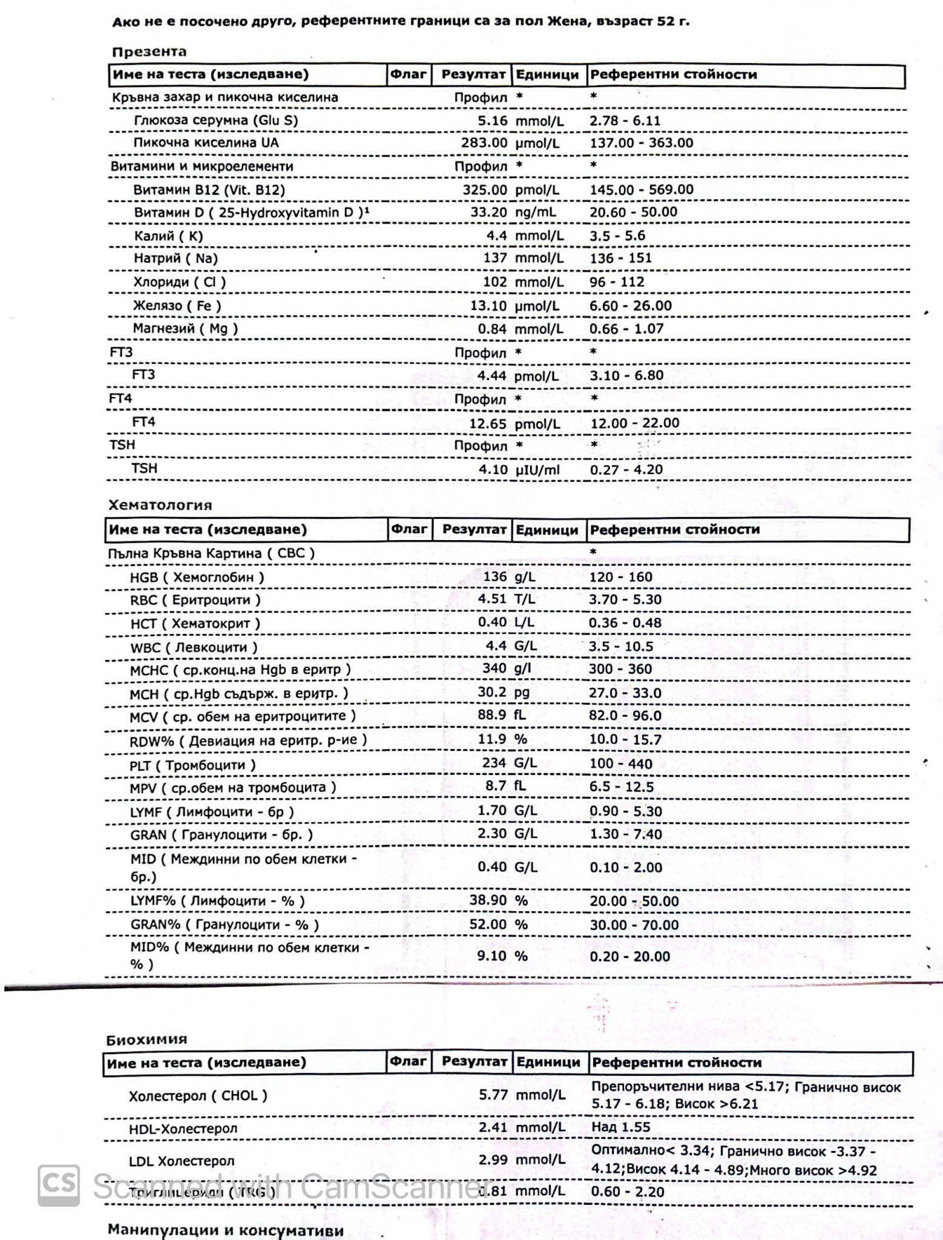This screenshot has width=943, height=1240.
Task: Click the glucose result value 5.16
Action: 492,120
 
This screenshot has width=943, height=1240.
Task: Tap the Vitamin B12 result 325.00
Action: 485,190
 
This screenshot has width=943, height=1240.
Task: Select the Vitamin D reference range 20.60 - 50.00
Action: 633,212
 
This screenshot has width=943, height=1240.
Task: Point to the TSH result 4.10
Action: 492,469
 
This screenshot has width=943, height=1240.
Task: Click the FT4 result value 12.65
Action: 488,423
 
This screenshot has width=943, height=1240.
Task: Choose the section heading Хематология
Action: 160,505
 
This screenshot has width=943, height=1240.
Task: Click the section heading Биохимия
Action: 146,1040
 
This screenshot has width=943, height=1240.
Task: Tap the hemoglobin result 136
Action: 494,576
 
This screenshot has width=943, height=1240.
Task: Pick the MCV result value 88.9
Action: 492,715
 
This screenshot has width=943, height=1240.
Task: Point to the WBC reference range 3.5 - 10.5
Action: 620,647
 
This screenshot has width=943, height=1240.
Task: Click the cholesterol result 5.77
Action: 492,1095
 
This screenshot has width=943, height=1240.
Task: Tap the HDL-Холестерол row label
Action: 183,1129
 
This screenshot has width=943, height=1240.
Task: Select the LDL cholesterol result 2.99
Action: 492,1159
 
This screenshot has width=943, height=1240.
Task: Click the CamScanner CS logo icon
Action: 59,1186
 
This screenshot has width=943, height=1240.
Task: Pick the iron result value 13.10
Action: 488,306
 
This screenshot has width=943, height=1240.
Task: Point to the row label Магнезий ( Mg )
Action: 185,329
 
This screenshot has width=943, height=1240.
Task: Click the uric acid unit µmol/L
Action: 538,143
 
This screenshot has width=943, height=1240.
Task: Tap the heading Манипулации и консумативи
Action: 226,1230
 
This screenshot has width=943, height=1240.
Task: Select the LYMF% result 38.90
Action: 488,900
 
